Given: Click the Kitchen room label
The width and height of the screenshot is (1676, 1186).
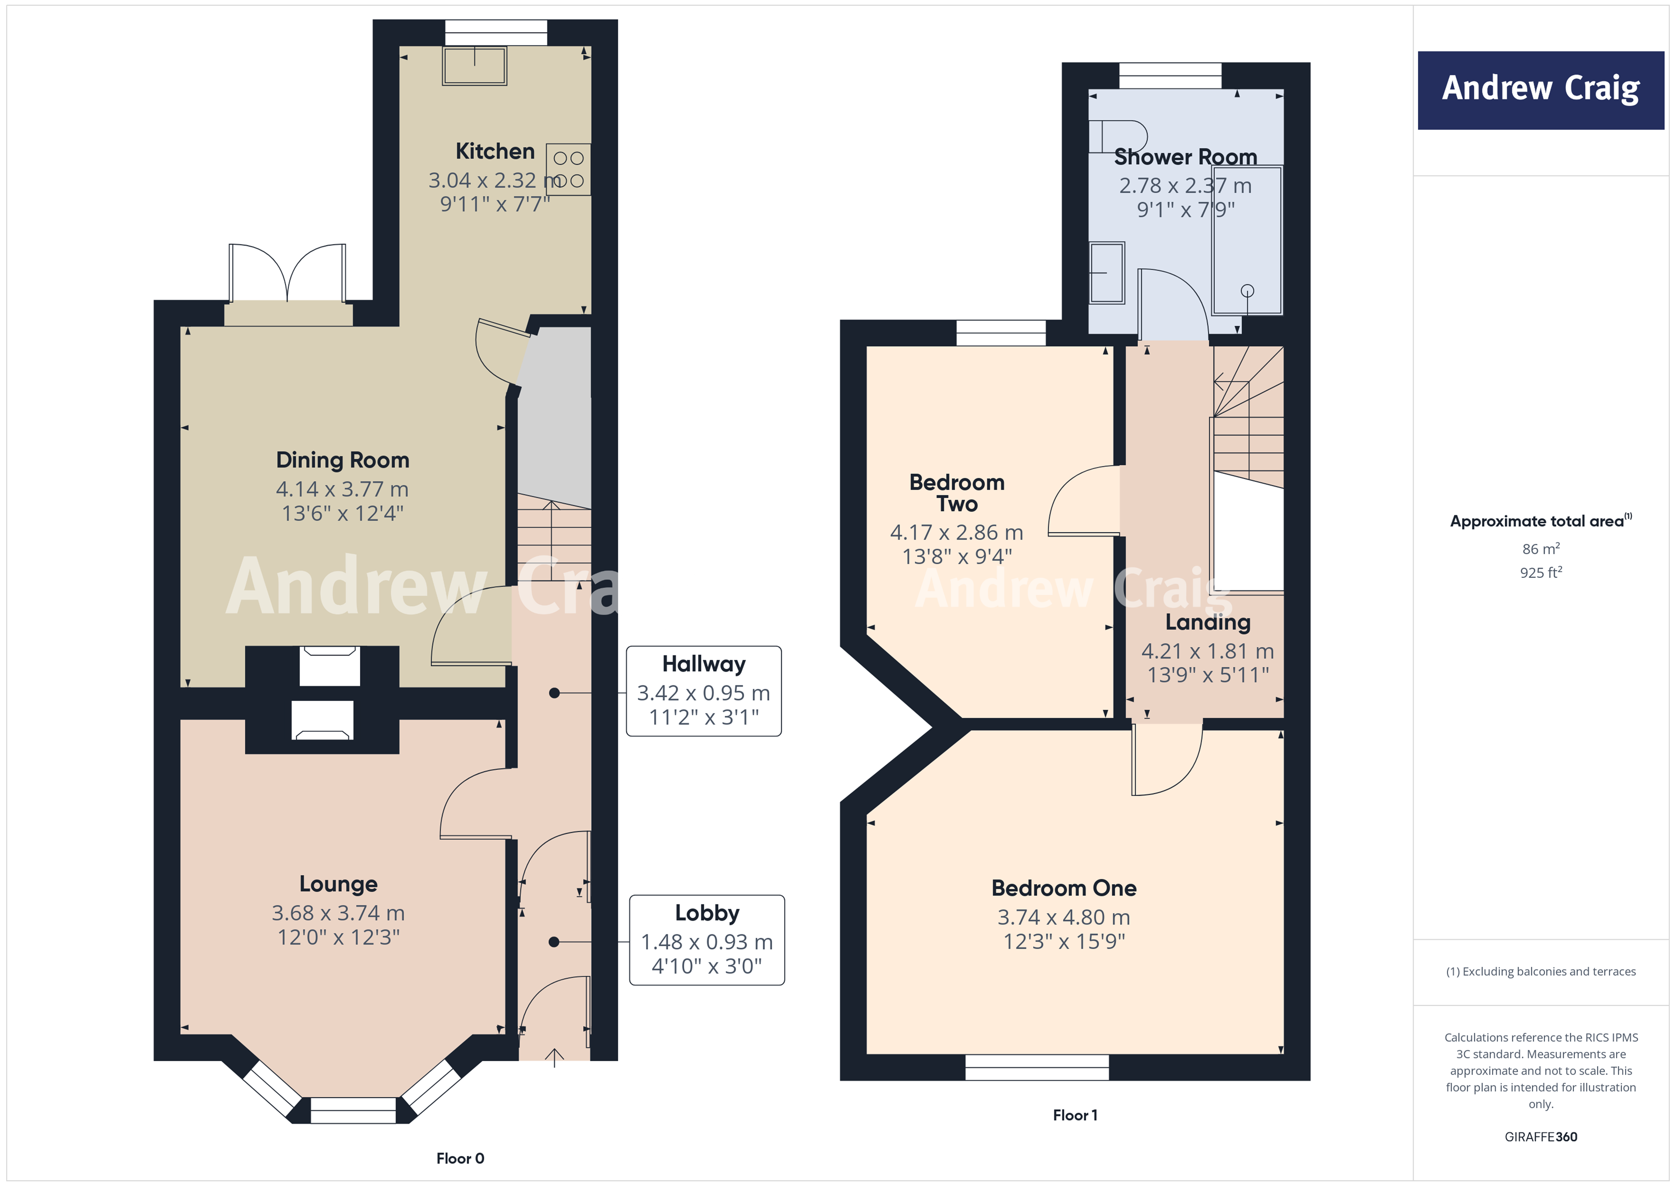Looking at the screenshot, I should pos(495,151).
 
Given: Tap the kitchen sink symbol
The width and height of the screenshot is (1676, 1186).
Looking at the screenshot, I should pos(474,66).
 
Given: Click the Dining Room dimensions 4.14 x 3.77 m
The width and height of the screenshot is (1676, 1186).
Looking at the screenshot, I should pos(342,489).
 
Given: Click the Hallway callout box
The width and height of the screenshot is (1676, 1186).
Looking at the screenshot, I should pos(704,691).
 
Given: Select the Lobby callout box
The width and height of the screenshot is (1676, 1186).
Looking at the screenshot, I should pos(706,940).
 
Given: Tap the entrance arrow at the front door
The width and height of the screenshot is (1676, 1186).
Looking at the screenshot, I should pos(554,1057).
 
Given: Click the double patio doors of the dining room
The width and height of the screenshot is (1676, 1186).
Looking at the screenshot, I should pos(287,274).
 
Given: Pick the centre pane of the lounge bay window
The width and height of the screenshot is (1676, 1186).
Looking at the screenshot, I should pos(353,1111).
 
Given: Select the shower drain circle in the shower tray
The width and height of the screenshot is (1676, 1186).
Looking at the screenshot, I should pos(1247,291).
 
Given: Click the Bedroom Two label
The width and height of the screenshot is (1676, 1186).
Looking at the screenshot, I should pos(956,493).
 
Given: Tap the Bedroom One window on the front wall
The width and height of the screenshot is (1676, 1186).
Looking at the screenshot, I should pos(1037,1067).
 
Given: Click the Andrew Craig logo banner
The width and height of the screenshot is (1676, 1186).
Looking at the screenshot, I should pos(1540,90).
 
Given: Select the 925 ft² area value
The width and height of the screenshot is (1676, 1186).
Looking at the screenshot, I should pos(1540,573).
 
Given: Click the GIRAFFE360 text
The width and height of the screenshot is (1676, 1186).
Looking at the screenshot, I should pos(1540,1136).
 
